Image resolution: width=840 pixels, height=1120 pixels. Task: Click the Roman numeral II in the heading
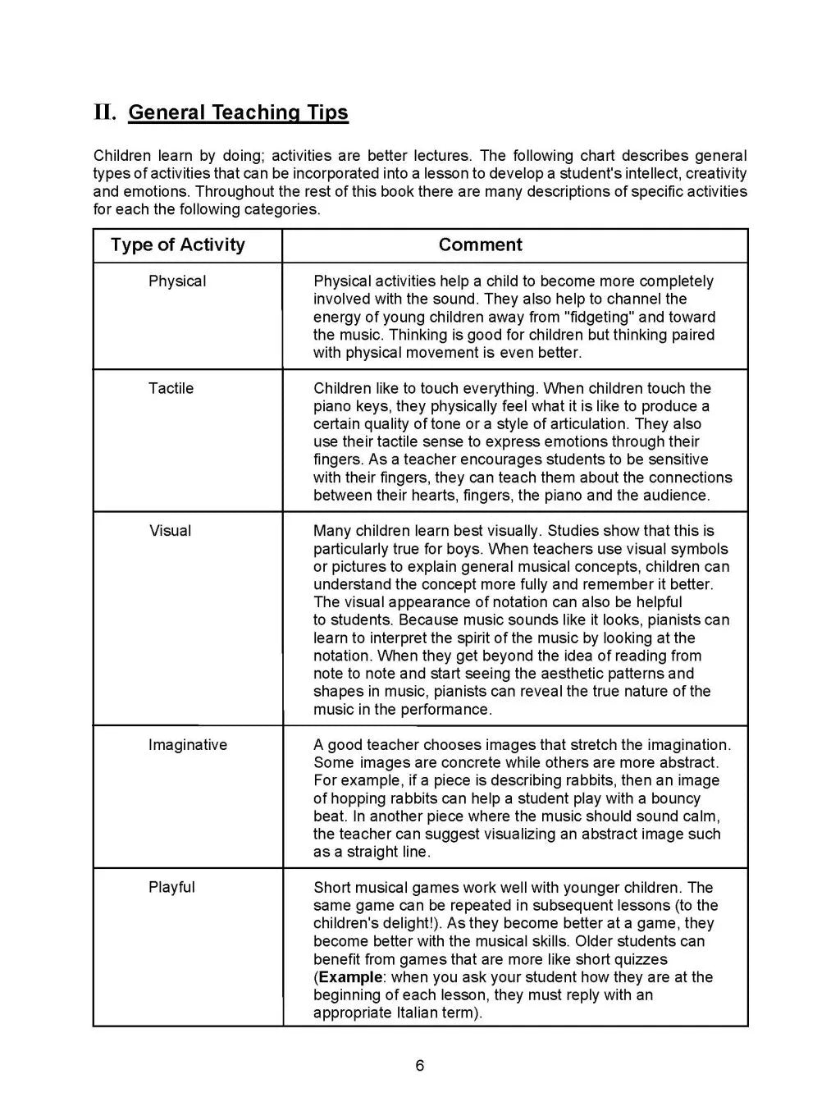(105, 112)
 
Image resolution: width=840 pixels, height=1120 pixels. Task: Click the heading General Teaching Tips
(238, 112)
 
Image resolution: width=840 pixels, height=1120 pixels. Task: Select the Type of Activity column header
(178, 245)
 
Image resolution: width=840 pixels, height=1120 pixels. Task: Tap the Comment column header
(480, 245)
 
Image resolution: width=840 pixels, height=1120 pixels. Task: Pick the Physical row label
(177, 281)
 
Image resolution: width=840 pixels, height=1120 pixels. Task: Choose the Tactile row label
(171, 388)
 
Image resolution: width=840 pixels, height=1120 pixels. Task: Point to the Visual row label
(171, 531)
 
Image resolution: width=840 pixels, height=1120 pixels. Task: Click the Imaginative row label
(188, 745)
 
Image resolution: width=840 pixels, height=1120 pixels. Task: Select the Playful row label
(171, 887)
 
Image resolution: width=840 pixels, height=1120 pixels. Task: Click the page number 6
(420, 1066)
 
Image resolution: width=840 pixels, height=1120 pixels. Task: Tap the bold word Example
(350, 977)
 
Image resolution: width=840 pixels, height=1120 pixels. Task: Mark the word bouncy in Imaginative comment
(676, 798)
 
